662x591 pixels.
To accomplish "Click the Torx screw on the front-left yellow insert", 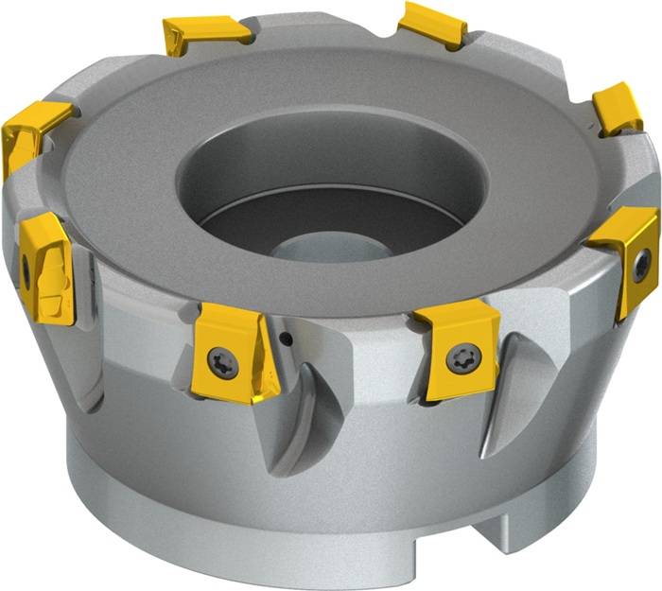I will pyautogui.click(x=223, y=361).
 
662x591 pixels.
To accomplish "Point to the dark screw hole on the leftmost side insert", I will pyautogui.click(x=26, y=273).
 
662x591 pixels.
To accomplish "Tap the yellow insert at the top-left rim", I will pyautogui.click(x=205, y=34).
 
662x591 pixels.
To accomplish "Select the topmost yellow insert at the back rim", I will pyautogui.click(x=433, y=25).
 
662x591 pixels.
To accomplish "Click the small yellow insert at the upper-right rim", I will pyautogui.click(x=618, y=107).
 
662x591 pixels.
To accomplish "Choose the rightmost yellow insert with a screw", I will pyautogui.click(x=628, y=255).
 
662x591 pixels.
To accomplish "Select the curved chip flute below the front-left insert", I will pyautogui.click(x=303, y=416).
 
